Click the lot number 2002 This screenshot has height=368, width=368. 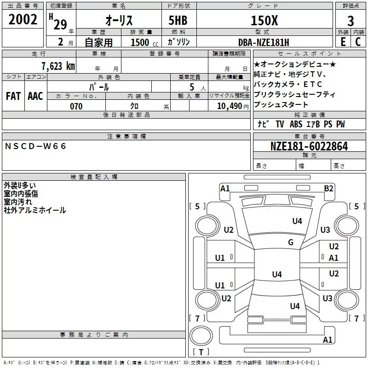click(23, 20)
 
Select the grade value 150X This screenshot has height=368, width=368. click(264, 20)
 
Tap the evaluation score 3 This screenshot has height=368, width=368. click(351, 21)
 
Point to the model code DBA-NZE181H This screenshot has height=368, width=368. click(264, 42)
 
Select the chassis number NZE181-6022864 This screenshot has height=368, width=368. click(309, 146)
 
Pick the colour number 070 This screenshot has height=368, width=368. click(76, 106)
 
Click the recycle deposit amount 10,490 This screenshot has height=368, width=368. click(227, 106)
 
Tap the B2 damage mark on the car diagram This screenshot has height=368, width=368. click(328, 188)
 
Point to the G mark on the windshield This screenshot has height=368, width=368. click(291, 242)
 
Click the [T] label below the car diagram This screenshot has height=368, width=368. click(201, 352)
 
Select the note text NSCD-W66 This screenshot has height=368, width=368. click(36, 146)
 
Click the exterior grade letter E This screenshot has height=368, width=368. click(342, 42)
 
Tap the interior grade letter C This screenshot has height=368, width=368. click(358, 42)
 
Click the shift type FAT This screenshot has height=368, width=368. click(13, 96)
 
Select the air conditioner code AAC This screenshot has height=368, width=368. click(35, 96)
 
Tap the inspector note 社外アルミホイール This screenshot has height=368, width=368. click(35, 210)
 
